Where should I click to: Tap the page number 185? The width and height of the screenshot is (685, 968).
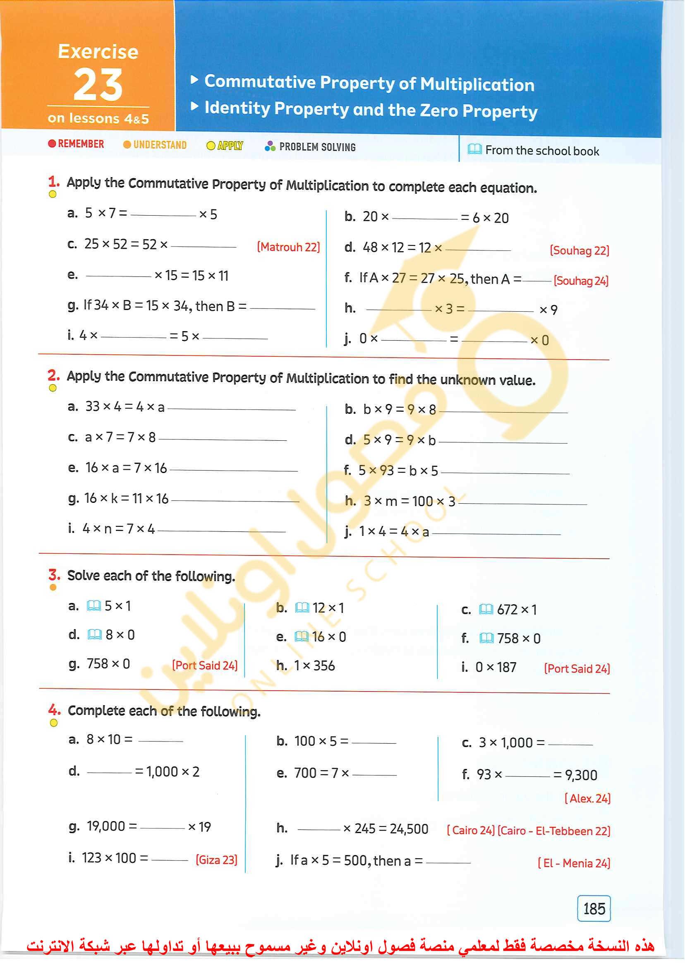(594, 908)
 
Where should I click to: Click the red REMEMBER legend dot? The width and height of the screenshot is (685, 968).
(52, 144)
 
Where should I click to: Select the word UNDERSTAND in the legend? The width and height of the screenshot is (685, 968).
(160, 145)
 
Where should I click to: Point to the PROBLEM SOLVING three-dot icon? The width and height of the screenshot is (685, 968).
(270, 146)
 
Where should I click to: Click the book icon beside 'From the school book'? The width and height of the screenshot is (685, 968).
(474, 149)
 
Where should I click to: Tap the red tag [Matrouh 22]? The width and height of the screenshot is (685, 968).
(288, 247)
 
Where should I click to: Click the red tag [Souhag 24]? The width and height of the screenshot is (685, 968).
(581, 281)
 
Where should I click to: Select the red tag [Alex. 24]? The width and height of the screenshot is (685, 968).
(587, 798)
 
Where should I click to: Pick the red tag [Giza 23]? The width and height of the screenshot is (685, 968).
(216, 860)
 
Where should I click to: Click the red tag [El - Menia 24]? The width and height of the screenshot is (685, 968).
(574, 863)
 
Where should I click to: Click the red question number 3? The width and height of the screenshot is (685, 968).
(54, 574)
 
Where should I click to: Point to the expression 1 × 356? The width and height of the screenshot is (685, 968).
(314, 666)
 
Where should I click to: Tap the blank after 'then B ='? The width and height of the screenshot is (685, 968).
(282, 308)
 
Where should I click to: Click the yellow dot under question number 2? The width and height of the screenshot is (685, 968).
(53, 388)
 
